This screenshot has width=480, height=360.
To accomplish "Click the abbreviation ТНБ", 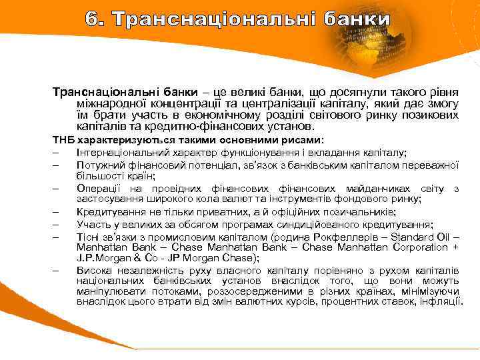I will click(x=64, y=141).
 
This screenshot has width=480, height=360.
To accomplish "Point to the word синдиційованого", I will click(x=341, y=224).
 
